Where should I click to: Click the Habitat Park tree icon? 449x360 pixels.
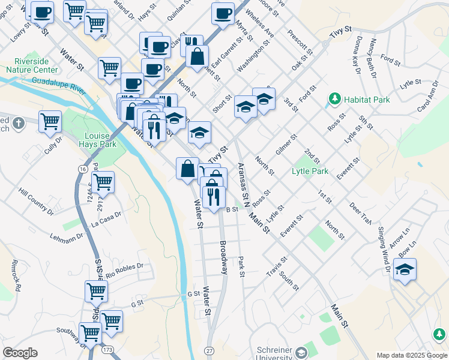pos(333,99)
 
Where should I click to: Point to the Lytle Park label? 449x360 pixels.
pos(310,171)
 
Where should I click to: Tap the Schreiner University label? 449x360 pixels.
pos(274,352)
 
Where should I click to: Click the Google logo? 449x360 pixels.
pos(20,353)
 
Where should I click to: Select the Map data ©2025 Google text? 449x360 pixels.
pos(411,355)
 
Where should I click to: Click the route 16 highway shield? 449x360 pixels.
pos(82,170)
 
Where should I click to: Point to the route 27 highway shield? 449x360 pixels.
pos(209,350)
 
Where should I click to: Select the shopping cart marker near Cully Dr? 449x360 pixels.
pos(50,122)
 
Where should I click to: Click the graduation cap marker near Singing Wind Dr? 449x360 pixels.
pos(405,270)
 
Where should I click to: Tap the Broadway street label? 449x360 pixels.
pos(223,258)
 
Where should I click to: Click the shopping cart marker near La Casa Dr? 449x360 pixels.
pos(103,182)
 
